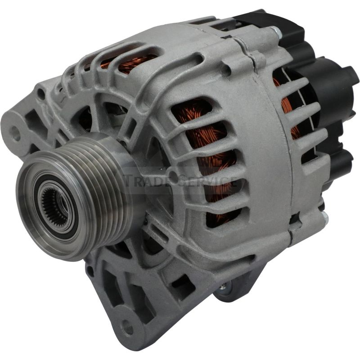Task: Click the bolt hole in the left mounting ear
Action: [16, 134]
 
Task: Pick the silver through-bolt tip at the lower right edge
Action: [324, 216]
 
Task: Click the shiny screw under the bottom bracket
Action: [222, 286]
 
